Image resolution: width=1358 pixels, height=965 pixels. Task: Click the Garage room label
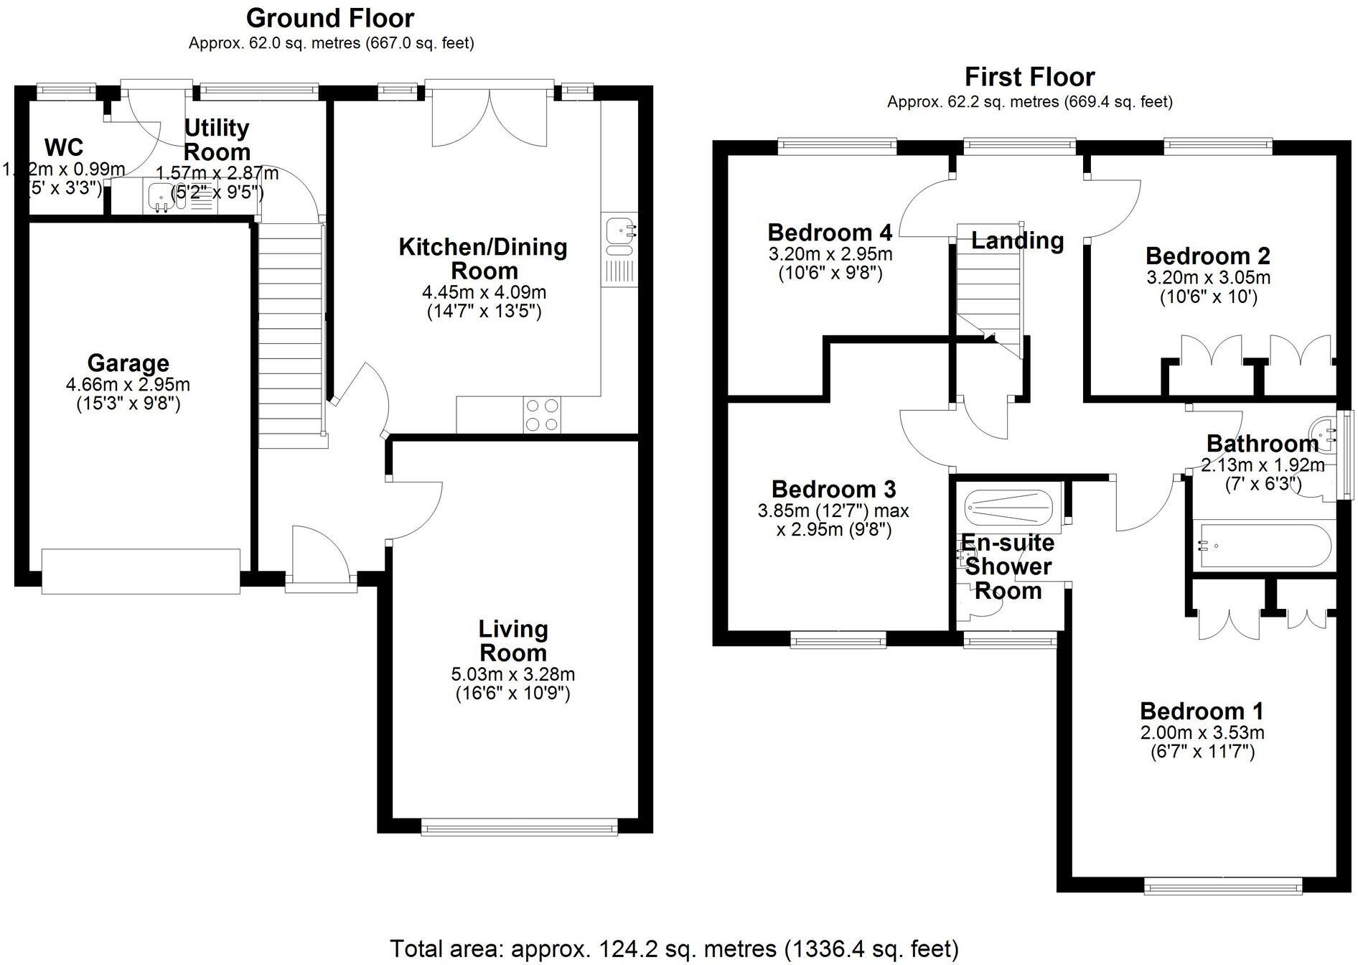[128, 363]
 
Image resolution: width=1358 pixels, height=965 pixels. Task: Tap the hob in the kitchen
[543, 415]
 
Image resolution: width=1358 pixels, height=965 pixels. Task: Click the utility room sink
[159, 196]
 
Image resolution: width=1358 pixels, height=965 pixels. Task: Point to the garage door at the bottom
[141, 572]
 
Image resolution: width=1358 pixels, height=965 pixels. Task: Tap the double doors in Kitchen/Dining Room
[490, 118]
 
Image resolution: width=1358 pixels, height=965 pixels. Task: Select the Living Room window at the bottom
[519, 828]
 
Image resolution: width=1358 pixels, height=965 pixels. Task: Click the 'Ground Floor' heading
[330, 18]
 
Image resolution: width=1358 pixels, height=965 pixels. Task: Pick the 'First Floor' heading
[1029, 77]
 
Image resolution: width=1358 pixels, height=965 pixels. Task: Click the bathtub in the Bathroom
[1263, 546]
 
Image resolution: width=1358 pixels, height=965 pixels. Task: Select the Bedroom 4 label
[830, 233]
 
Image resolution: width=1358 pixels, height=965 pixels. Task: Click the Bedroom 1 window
[1222, 887]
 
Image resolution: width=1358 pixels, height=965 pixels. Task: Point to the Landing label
[1017, 241]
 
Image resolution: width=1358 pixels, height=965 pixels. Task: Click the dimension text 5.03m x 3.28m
[513, 675]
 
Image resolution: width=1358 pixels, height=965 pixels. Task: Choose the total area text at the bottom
[674, 948]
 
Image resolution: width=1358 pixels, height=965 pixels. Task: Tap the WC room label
[64, 147]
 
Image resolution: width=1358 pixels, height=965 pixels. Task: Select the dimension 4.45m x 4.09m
[484, 293]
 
